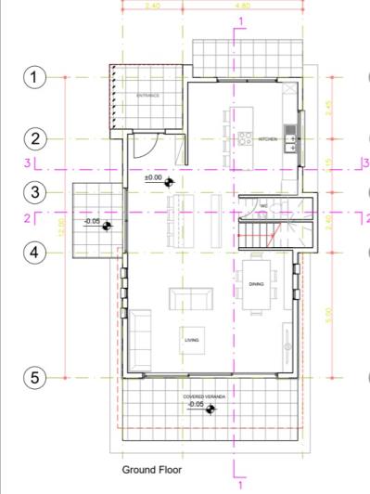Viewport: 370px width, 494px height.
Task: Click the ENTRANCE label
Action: (x=148, y=96)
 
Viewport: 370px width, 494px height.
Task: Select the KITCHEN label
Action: (x=268, y=138)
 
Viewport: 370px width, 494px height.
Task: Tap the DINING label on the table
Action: (x=257, y=284)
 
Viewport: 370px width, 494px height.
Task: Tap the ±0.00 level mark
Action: (x=154, y=176)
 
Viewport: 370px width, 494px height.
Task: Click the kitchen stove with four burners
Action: (x=246, y=138)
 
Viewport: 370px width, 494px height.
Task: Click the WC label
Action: (x=264, y=205)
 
